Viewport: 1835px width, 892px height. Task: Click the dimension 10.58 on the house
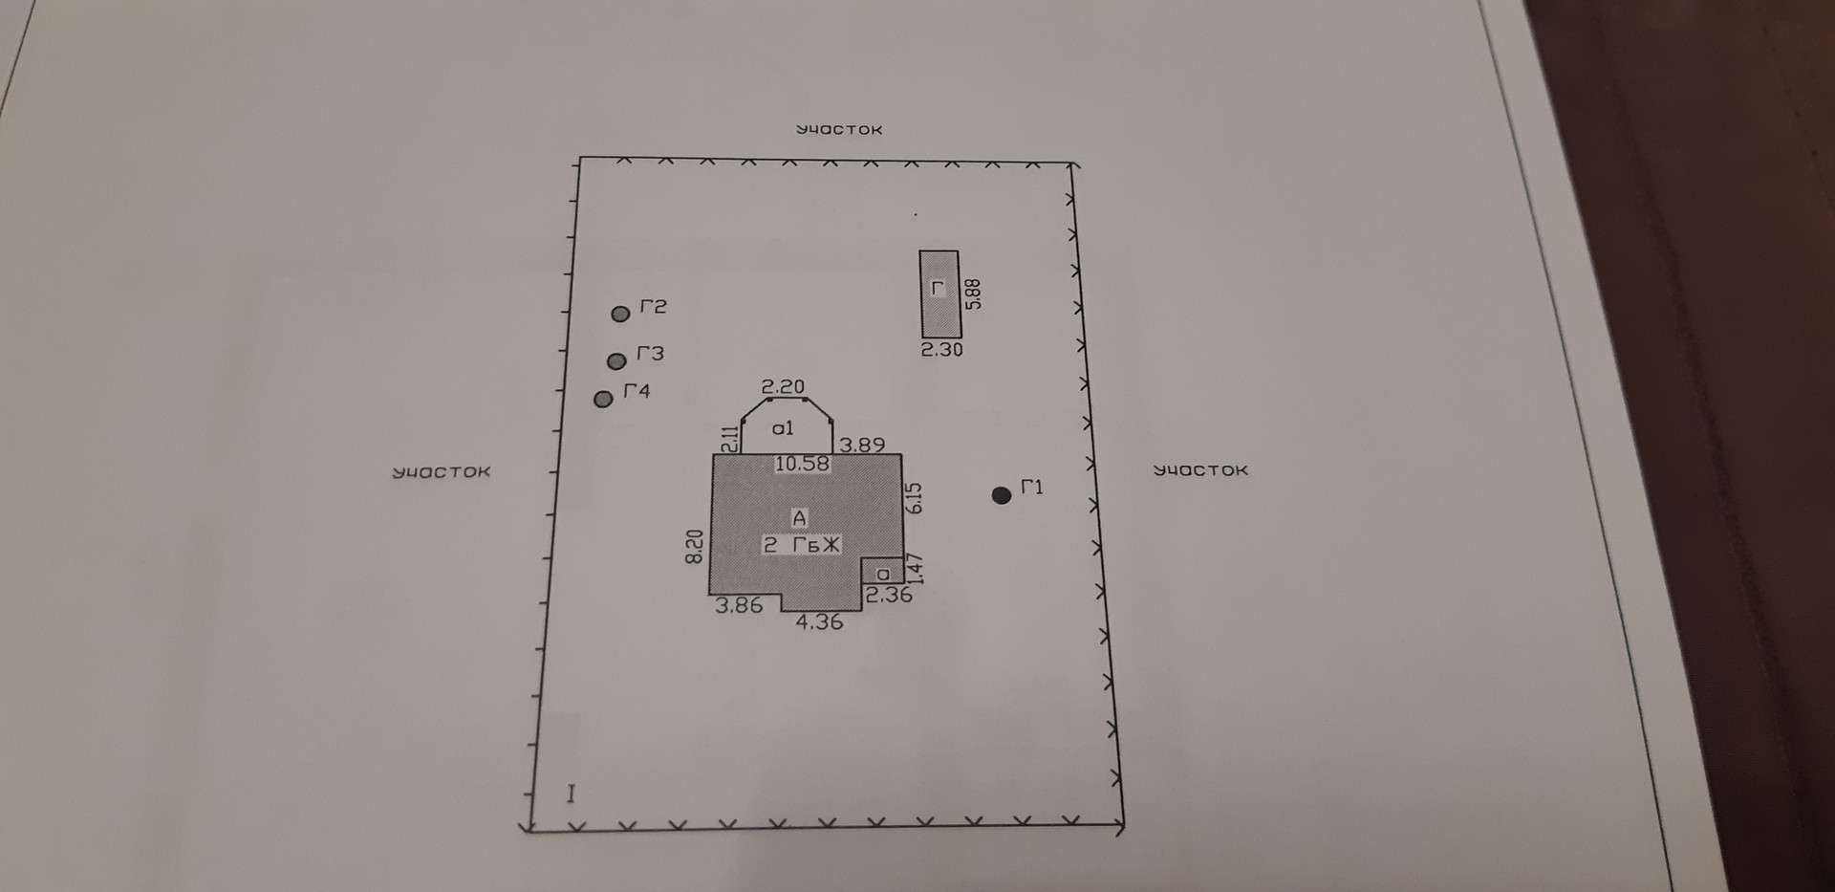pyautogui.click(x=802, y=465)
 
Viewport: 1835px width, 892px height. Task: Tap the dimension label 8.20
pyautogui.click(x=695, y=547)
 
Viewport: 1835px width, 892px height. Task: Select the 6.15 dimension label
pyautogui.click(x=914, y=498)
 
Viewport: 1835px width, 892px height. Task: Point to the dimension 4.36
pyautogui.click(x=819, y=621)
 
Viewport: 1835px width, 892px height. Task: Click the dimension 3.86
pyautogui.click(x=739, y=605)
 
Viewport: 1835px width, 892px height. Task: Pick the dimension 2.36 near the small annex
pyautogui.click(x=889, y=595)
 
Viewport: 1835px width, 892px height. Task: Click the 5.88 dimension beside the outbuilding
pyautogui.click(x=974, y=294)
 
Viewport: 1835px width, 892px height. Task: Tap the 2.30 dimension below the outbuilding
pyautogui.click(x=941, y=350)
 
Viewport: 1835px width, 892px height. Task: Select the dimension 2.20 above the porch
pyautogui.click(x=783, y=387)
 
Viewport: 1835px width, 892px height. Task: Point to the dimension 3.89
pyautogui.click(x=862, y=445)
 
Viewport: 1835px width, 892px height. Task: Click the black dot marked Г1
pyautogui.click(x=1002, y=495)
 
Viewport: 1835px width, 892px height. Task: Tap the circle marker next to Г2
pyautogui.click(x=620, y=314)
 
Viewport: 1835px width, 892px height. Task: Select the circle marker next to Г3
pyautogui.click(x=616, y=360)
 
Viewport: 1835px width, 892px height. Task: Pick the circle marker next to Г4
pyautogui.click(x=603, y=399)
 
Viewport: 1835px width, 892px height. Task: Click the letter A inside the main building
pyautogui.click(x=800, y=518)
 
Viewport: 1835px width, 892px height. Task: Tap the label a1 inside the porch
pyautogui.click(x=783, y=428)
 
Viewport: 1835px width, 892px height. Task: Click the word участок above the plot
pyautogui.click(x=839, y=129)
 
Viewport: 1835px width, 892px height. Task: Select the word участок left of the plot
pyautogui.click(x=442, y=472)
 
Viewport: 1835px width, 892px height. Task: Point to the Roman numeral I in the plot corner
pyautogui.click(x=571, y=794)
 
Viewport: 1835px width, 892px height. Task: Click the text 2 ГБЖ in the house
pyautogui.click(x=801, y=545)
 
